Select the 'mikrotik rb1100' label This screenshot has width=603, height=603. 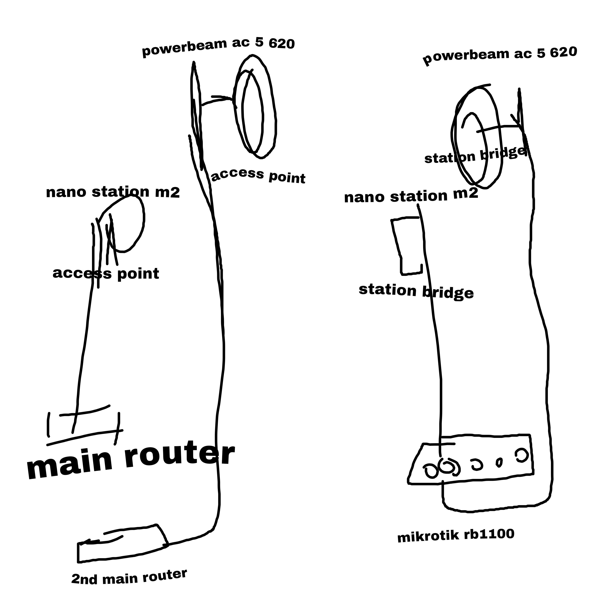point(456,536)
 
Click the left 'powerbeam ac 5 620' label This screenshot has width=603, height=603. point(218,47)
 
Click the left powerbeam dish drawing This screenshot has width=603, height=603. point(254,106)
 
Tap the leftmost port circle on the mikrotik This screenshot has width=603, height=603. point(431,470)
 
